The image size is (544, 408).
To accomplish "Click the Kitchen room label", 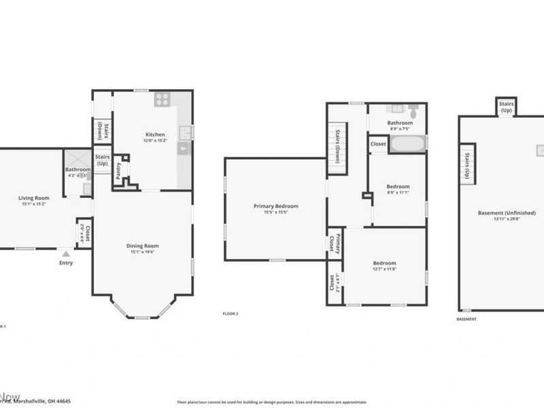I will (x=155, y=135).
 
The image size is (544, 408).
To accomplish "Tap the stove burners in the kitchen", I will (x=162, y=99).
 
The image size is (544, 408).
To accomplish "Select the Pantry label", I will (x=118, y=169).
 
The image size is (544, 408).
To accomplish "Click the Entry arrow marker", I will (x=66, y=254).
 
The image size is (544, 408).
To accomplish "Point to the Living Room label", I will (x=33, y=198).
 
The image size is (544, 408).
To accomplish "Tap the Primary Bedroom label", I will (x=275, y=206).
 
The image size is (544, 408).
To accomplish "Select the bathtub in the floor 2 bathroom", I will (x=407, y=143).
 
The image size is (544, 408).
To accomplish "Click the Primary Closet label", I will (x=335, y=243).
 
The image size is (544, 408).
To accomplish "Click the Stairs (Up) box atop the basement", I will (x=506, y=106).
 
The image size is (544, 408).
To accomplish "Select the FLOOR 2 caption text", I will (x=231, y=313).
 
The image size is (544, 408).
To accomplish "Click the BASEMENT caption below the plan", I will (x=466, y=318).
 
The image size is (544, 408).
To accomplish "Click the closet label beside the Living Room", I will (x=84, y=233).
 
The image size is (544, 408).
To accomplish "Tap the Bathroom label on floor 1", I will (x=78, y=169).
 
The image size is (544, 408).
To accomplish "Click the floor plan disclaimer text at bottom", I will (x=272, y=402).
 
